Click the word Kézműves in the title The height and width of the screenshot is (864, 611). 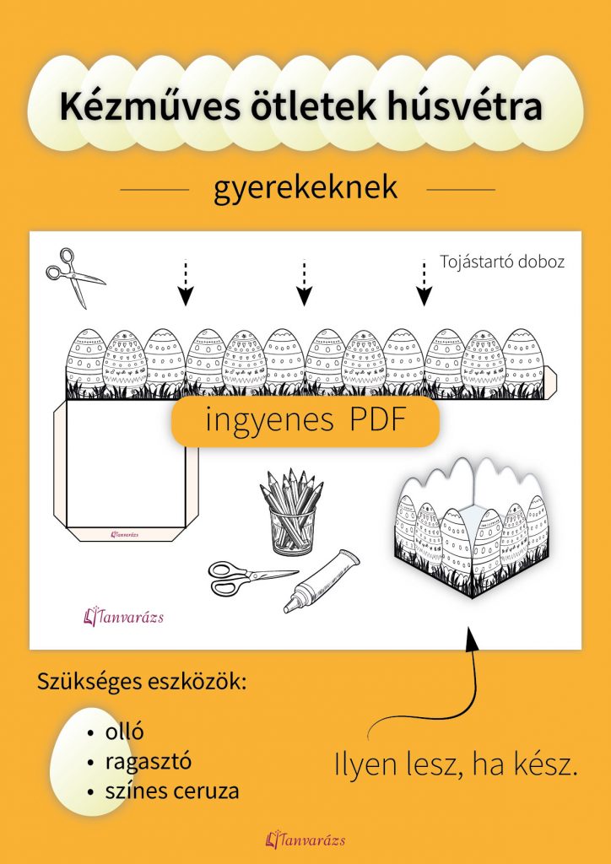(x=137, y=107)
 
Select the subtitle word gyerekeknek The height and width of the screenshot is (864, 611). (x=305, y=187)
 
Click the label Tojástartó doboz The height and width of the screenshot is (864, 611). (x=502, y=262)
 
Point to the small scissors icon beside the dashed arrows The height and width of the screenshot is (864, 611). (x=73, y=276)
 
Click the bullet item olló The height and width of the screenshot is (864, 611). (x=124, y=732)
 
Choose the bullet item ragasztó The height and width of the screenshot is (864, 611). (x=149, y=761)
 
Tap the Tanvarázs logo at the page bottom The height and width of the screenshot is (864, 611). (x=305, y=840)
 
